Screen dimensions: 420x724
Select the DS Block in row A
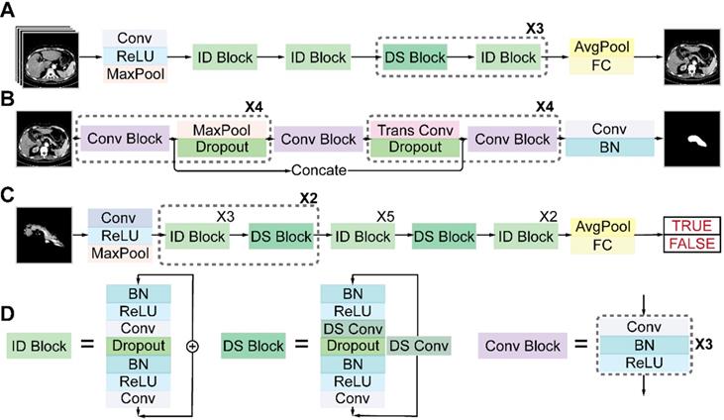click(x=415, y=58)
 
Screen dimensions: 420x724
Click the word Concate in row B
click(x=319, y=170)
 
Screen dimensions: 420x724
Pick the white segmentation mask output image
click(x=692, y=140)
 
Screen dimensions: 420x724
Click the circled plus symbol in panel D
click(x=192, y=346)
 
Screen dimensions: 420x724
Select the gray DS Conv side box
click(x=417, y=346)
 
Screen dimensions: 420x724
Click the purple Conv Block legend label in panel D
click(x=520, y=346)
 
